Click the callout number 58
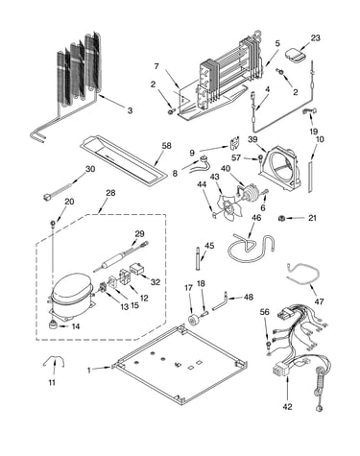166,146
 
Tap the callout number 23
315,37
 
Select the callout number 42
287,407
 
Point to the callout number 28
110,193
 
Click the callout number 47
319,301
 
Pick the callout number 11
52,382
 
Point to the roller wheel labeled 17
194,320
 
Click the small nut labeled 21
281,218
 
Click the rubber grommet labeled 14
53,324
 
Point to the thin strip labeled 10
310,177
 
